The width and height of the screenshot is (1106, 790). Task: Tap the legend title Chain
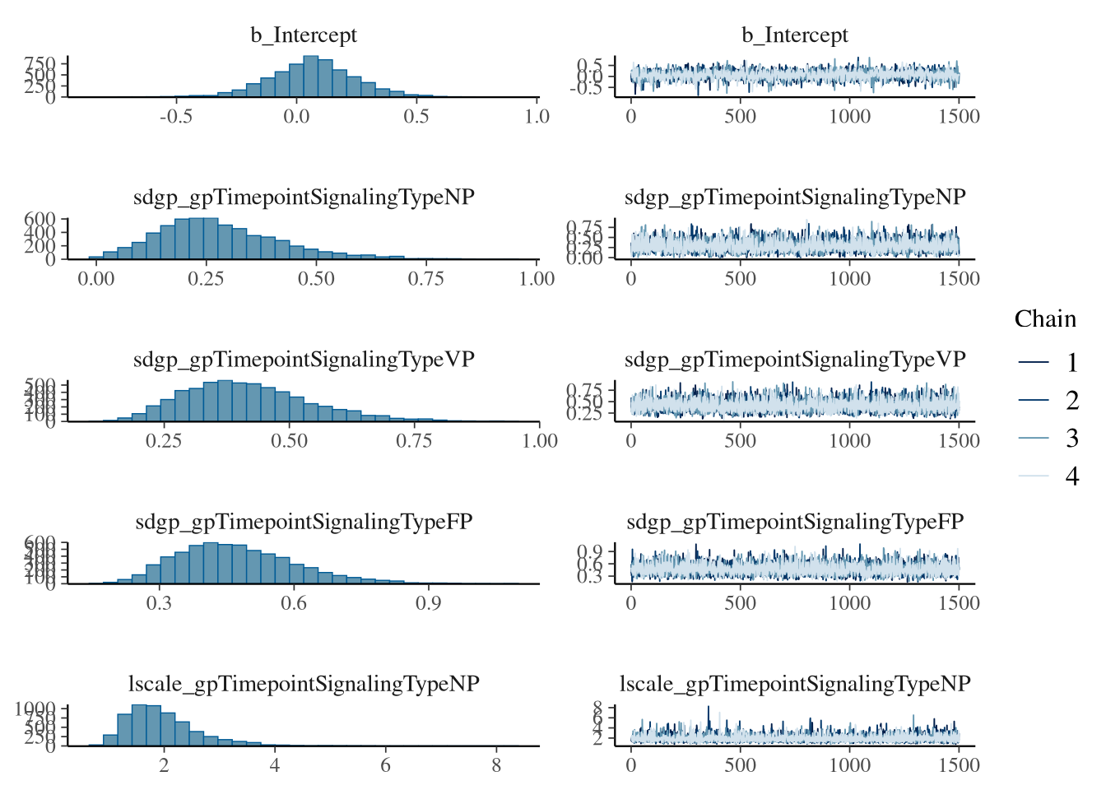[1044, 319]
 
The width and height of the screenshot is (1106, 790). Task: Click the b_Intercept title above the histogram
[304, 35]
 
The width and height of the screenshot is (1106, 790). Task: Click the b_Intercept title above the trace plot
[794, 35]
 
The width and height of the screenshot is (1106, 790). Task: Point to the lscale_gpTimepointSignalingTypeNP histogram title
[304, 684]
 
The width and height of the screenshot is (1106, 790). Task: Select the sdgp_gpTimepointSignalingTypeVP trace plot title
[794, 360]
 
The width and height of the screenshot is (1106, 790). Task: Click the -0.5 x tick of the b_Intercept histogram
[176, 116]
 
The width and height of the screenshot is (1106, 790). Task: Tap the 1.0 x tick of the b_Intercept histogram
[537, 116]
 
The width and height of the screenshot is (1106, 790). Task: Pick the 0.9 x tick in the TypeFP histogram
[428, 603]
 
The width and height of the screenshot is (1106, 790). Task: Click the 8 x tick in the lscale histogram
[496, 765]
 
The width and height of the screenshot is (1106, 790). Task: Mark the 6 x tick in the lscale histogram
[385, 765]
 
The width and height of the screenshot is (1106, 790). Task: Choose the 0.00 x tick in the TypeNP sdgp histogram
[96, 278]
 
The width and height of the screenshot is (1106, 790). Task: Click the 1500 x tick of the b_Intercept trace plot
[959, 116]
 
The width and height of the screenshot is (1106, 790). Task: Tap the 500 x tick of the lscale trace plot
[740, 765]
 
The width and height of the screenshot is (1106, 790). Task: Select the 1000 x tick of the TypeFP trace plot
[849, 603]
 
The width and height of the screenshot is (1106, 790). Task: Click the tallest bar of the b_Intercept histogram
[310, 77]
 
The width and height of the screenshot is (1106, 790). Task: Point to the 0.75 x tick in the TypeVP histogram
[414, 441]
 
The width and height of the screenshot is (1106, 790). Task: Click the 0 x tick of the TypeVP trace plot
[631, 441]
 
